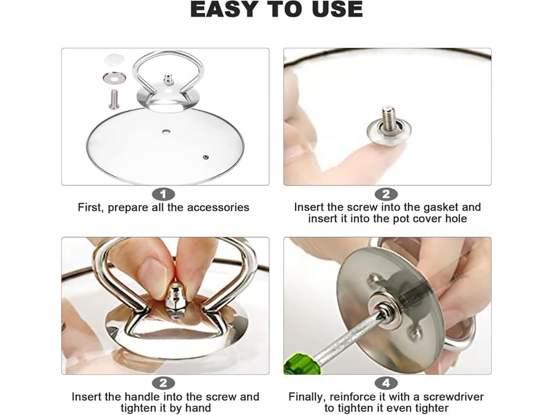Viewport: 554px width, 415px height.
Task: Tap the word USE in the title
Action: pos(337,9)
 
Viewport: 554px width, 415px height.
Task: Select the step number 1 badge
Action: pos(163,194)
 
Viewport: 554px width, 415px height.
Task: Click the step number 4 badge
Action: pos(386,383)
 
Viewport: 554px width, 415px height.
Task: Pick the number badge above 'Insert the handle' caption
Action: pos(163,383)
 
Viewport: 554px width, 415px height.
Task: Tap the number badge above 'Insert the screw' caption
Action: pos(386,194)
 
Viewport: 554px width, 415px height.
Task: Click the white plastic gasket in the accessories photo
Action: pos(114,59)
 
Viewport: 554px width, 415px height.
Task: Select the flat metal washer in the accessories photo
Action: pos(114,77)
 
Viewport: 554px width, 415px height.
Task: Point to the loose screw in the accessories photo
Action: pos(114,99)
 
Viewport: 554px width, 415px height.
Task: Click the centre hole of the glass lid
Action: pos(166,132)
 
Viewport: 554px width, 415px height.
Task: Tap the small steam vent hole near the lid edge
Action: pos(205,157)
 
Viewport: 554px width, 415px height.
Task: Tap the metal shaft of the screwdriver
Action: pos(348,338)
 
